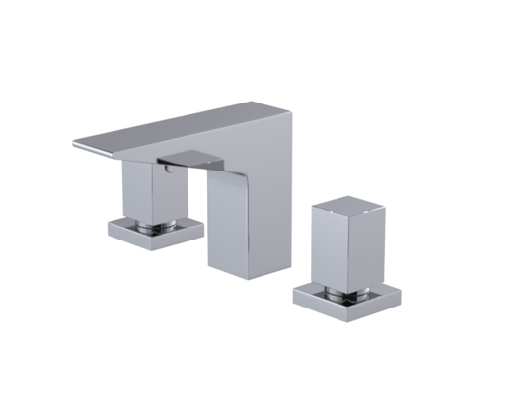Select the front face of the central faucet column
point(231,223)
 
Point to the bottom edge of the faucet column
point(237,274)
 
